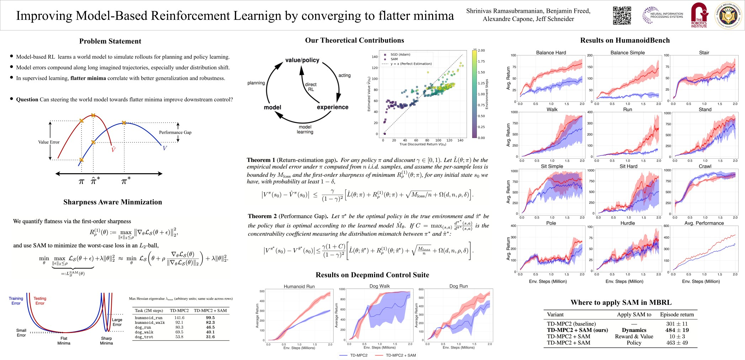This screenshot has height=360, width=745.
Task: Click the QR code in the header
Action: [622, 15]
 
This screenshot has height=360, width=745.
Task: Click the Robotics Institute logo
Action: [699, 15]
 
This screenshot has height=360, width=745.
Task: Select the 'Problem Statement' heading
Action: [110, 41]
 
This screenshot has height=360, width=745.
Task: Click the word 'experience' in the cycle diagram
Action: [332, 107]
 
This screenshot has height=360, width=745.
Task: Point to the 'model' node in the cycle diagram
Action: [272, 107]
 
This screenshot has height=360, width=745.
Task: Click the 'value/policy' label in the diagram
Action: [302, 60]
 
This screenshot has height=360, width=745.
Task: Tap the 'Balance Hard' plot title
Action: [551, 53]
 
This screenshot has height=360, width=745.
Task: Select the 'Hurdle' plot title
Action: [627, 223]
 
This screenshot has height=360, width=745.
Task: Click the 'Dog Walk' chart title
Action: [379, 286]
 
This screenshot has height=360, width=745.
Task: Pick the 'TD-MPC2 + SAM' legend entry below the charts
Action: [400, 355]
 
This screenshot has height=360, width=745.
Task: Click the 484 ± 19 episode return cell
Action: [677, 330]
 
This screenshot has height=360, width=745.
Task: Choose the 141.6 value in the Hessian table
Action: [179, 318]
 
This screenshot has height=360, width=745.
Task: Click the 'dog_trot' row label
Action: [144, 337]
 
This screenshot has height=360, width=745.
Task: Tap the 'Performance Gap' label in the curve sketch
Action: [175, 132]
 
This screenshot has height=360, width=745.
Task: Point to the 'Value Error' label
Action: [49, 142]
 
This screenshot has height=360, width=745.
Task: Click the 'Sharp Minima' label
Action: [106, 341]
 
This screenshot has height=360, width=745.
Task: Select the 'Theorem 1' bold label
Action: [261, 160]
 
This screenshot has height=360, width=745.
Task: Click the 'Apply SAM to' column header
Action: [634, 314]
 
